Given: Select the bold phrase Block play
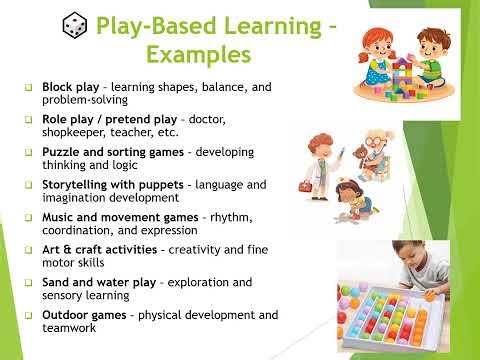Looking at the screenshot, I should (70, 88).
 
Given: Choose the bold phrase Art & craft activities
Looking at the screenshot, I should (105, 249).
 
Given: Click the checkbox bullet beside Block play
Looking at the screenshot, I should (30, 89).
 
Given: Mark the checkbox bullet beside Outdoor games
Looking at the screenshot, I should (30, 316).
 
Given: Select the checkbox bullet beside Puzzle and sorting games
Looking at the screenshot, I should (30, 153).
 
